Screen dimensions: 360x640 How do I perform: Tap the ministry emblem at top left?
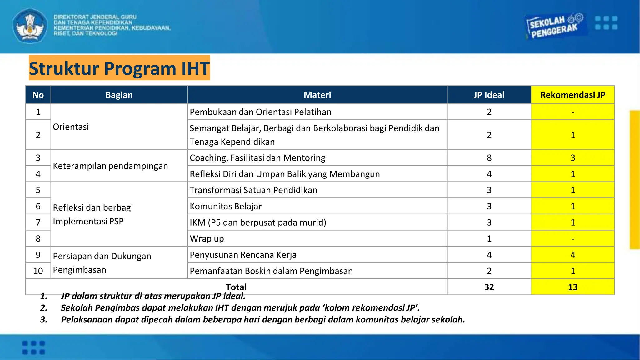tap(30, 26)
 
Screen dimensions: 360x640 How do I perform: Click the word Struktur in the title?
tap(64, 68)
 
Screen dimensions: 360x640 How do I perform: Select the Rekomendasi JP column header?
tap(572, 95)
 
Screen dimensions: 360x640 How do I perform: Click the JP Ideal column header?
tap(489, 95)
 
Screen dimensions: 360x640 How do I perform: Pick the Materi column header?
tap(317, 95)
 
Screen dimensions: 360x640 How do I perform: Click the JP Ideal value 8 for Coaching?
tap(489, 158)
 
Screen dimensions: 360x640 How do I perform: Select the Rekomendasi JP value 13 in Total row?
tap(572, 287)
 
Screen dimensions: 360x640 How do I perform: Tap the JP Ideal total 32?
tap(489, 287)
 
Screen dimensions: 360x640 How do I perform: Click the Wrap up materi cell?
tap(207, 239)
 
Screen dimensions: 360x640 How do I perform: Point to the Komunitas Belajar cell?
tap(226, 206)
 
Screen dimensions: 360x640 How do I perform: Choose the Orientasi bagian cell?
tap(71, 127)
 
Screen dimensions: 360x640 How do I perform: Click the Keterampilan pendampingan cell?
tap(110, 166)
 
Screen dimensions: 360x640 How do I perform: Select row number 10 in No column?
tap(38, 271)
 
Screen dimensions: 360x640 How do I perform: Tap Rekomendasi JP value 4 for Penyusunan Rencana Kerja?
tap(572, 255)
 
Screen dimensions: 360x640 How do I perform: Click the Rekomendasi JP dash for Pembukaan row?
tap(572, 112)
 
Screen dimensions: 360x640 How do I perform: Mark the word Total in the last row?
tap(236, 287)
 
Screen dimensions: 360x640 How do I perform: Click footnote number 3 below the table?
tap(44, 320)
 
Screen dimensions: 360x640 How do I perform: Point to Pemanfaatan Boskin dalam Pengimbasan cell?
tap(271, 271)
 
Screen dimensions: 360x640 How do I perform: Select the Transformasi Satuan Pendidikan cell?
tap(253, 190)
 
